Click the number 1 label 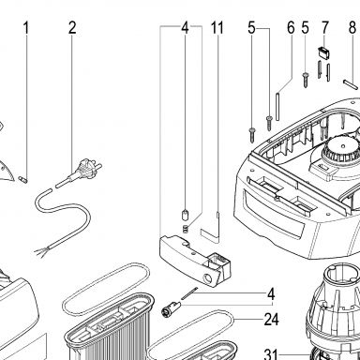tap(26, 28)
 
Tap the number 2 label tap(72, 28)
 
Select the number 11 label tap(217, 28)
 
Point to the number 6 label tap(291, 28)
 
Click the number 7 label tap(325, 28)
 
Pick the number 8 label tap(352, 28)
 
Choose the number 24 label tap(271, 320)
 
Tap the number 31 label tap(271, 354)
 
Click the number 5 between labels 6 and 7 tap(306, 28)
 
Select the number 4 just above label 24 tap(271, 294)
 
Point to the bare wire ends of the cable tap(40, 250)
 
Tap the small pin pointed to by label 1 tap(23, 179)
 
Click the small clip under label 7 tap(322, 52)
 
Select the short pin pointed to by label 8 tap(350, 84)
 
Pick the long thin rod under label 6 tap(277, 106)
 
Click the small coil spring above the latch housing tap(185, 229)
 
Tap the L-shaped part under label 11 tap(212, 228)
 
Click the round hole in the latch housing tap(206, 277)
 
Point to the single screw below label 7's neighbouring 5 tap(306, 80)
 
